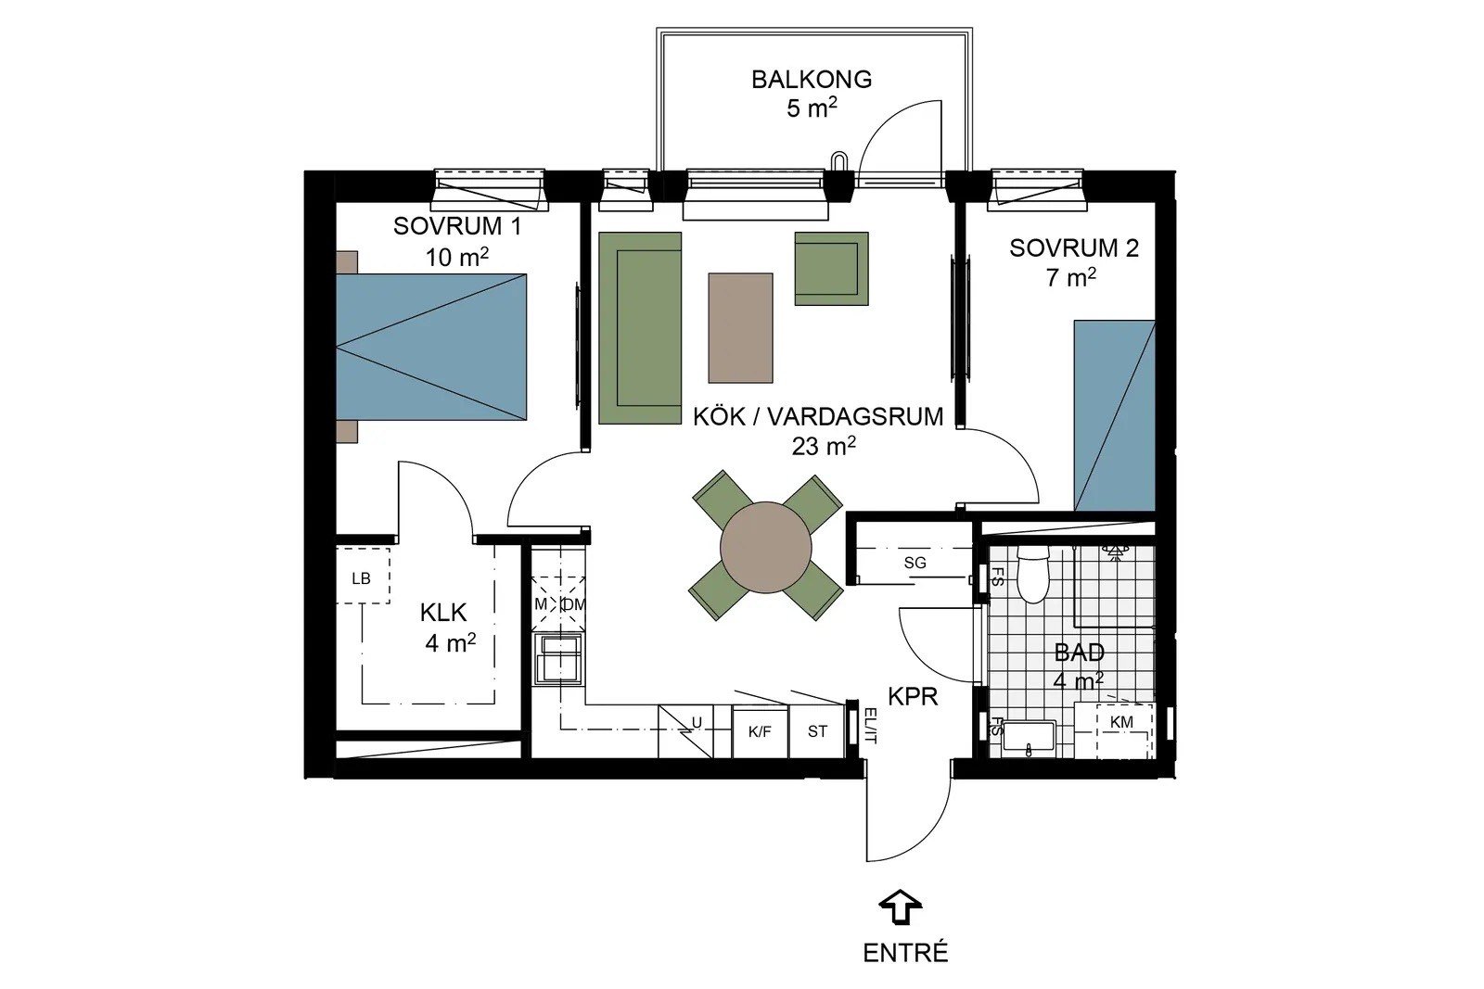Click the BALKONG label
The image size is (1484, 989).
pyautogui.click(x=811, y=80)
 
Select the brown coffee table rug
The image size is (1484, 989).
pyautogui.click(x=740, y=328)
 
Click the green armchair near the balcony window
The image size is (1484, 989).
pyautogui.click(x=831, y=268)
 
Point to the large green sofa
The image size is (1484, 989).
pyautogui.click(x=640, y=328)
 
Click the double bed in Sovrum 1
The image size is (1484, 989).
pyautogui.click(x=431, y=347)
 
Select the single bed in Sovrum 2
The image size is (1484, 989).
pyautogui.click(x=1114, y=416)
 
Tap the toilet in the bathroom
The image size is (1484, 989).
pyautogui.click(x=1030, y=575)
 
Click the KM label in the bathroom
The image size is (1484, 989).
pyautogui.click(x=1121, y=722)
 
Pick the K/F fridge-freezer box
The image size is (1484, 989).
pyautogui.click(x=760, y=731)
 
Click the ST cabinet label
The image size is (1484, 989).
pyautogui.click(x=817, y=731)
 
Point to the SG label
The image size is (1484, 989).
pyautogui.click(x=915, y=564)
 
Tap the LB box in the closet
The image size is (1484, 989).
pyautogui.click(x=363, y=575)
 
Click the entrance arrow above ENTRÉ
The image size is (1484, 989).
pyautogui.click(x=901, y=907)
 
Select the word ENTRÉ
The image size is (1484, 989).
pyautogui.click(x=905, y=953)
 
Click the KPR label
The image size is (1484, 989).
pyautogui.click(x=913, y=696)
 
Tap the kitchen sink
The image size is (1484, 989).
pyautogui.click(x=559, y=659)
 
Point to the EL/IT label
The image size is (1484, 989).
pyautogui.click(x=869, y=726)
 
